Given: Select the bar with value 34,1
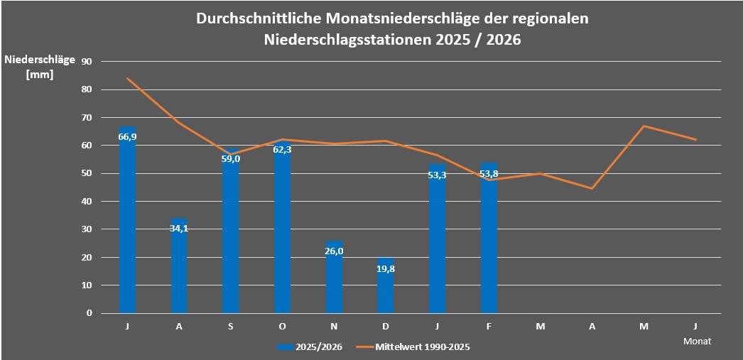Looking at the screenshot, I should (179, 270).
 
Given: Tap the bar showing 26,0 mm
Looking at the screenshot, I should (334, 280).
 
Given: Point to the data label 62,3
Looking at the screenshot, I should (283, 150).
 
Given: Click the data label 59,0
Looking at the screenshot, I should (231, 159).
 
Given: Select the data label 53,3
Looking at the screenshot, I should (438, 175).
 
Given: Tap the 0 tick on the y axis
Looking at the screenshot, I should (90, 312).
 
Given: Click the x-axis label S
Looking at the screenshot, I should (231, 326).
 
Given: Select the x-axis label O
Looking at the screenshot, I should (283, 326).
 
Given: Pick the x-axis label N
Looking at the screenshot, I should (334, 326).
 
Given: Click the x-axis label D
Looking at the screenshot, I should (386, 326).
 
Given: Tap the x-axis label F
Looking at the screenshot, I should (489, 326).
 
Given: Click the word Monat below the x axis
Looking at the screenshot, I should (697, 341).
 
